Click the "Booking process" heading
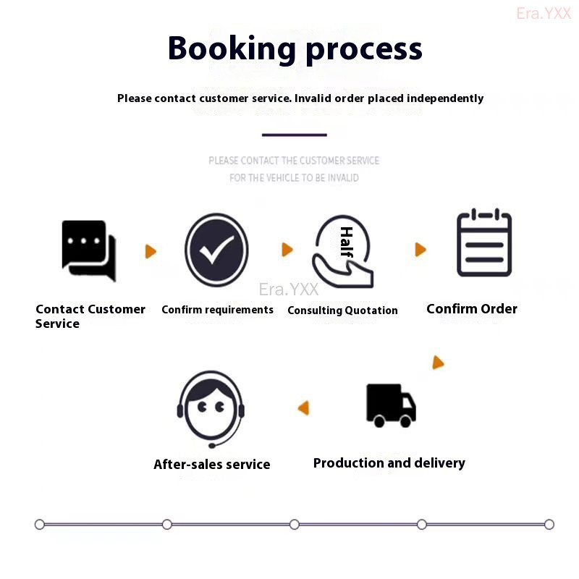(x=295, y=49)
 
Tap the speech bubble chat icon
(x=88, y=250)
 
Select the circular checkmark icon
(x=216, y=250)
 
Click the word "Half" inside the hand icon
(x=346, y=242)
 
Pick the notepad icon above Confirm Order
(x=484, y=243)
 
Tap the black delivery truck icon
(x=391, y=405)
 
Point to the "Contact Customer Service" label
(x=90, y=316)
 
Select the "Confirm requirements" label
(x=217, y=310)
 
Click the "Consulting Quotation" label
(x=342, y=310)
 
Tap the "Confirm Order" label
(x=472, y=309)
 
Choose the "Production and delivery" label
(x=389, y=463)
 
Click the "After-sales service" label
(x=211, y=465)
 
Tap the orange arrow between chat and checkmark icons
(x=151, y=251)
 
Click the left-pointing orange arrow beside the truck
(x=304, y=408)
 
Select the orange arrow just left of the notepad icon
(x=420, y=250)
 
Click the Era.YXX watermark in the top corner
(x=544, y=13)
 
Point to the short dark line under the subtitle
(x=294, y=135)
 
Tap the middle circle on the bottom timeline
(x=295, y=524)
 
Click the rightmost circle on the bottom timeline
(x=549, y=524)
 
